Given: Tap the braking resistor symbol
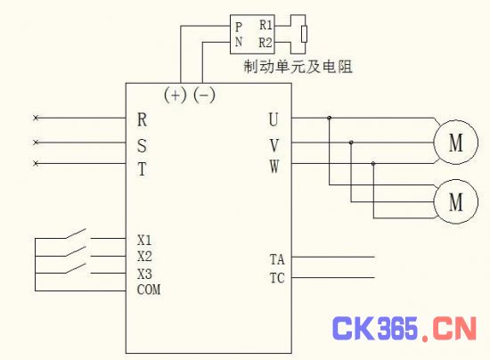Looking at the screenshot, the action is (x=304, y=34).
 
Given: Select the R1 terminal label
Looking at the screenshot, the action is (x=266, y=25).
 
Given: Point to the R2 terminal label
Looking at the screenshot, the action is (x=265, y=43).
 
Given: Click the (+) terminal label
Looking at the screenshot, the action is (x=176, y=94).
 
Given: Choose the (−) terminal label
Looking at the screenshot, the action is (x=204, y=94).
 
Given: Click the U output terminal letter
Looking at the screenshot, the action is (x=274, y=119).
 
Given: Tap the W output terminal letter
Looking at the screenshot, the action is (x=274, y=166).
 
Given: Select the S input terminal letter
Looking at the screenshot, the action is (x=142, y=145).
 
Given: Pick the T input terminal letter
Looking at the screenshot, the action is (x=142, y=169).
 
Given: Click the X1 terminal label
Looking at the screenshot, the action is (x=144, y=240).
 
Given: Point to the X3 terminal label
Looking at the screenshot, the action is (x=144, y=274).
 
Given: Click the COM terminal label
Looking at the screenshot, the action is (x=149, y=290).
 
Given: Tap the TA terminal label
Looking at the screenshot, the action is (x=277, y=259).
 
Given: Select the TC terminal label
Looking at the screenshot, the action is (x=277, y=278).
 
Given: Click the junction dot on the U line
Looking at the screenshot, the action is (x=329, y=118).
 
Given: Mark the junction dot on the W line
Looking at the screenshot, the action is (x=373, y=163).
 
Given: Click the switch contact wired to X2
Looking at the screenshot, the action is (x=76, y=251).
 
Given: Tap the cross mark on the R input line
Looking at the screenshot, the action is (x=36, y=118).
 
